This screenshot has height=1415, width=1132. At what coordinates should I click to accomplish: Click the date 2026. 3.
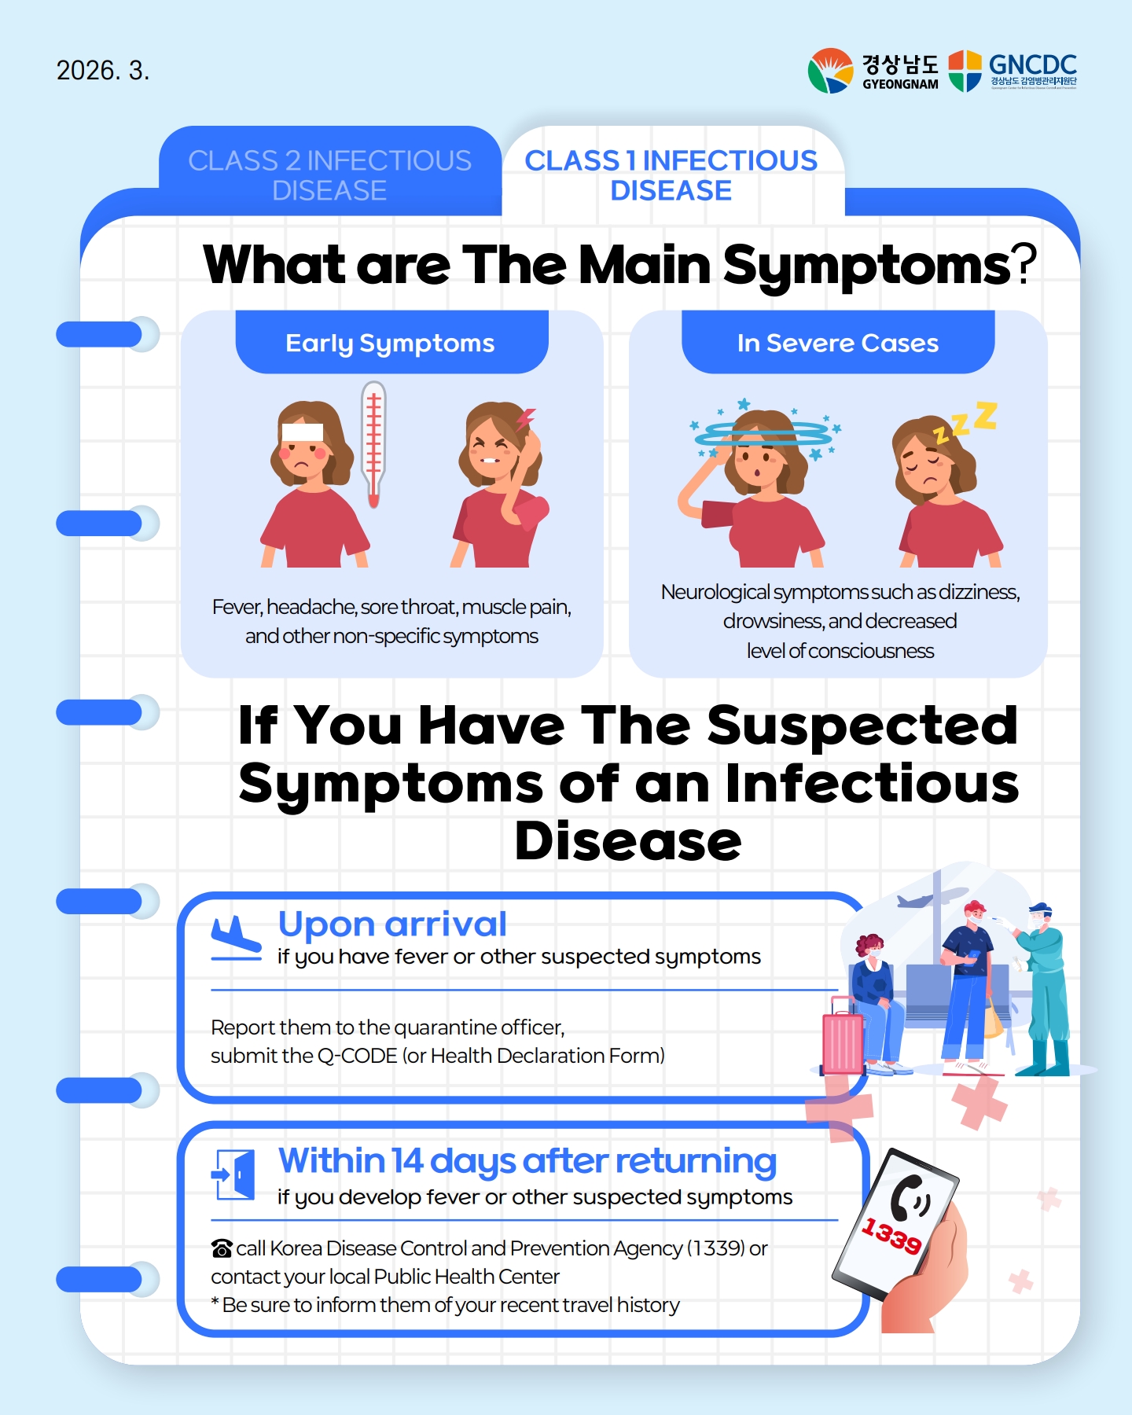point(103,71)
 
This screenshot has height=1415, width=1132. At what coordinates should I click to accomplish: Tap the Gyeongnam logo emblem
point(830,71)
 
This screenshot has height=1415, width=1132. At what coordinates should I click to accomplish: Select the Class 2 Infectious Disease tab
point(330,175)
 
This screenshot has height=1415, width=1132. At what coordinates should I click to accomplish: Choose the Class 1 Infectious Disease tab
point(671,175)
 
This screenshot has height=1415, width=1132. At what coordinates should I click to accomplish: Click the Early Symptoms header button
point(391,343)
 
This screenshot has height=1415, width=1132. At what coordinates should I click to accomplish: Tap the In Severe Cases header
point(838,343)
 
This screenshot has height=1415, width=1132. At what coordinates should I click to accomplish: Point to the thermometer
point(373,444)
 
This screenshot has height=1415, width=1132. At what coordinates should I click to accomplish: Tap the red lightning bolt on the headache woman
point(524,419)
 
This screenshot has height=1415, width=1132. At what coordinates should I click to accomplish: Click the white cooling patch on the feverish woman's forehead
point(302,432)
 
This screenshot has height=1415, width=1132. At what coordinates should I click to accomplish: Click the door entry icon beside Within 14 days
point(233,1174)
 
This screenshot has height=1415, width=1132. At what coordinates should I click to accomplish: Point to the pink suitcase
point(843,1036)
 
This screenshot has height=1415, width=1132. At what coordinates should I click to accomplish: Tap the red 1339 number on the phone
point(891,1235)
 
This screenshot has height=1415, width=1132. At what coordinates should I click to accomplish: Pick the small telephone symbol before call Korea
point(222,1248)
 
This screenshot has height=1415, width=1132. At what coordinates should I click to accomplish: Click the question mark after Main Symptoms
point(1024,265)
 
